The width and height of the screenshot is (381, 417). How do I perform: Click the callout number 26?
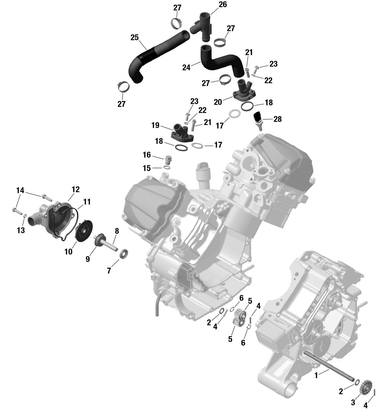pos(223,5)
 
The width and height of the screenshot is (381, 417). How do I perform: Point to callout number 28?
pos(278,119)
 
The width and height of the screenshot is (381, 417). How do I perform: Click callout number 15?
pos(147,168)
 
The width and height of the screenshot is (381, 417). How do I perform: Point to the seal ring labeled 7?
pos(124,253)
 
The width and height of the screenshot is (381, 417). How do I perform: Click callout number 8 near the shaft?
pos(117,231)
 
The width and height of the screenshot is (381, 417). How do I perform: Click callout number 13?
pos(21,230)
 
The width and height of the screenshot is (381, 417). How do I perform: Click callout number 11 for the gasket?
pos(87,202)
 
